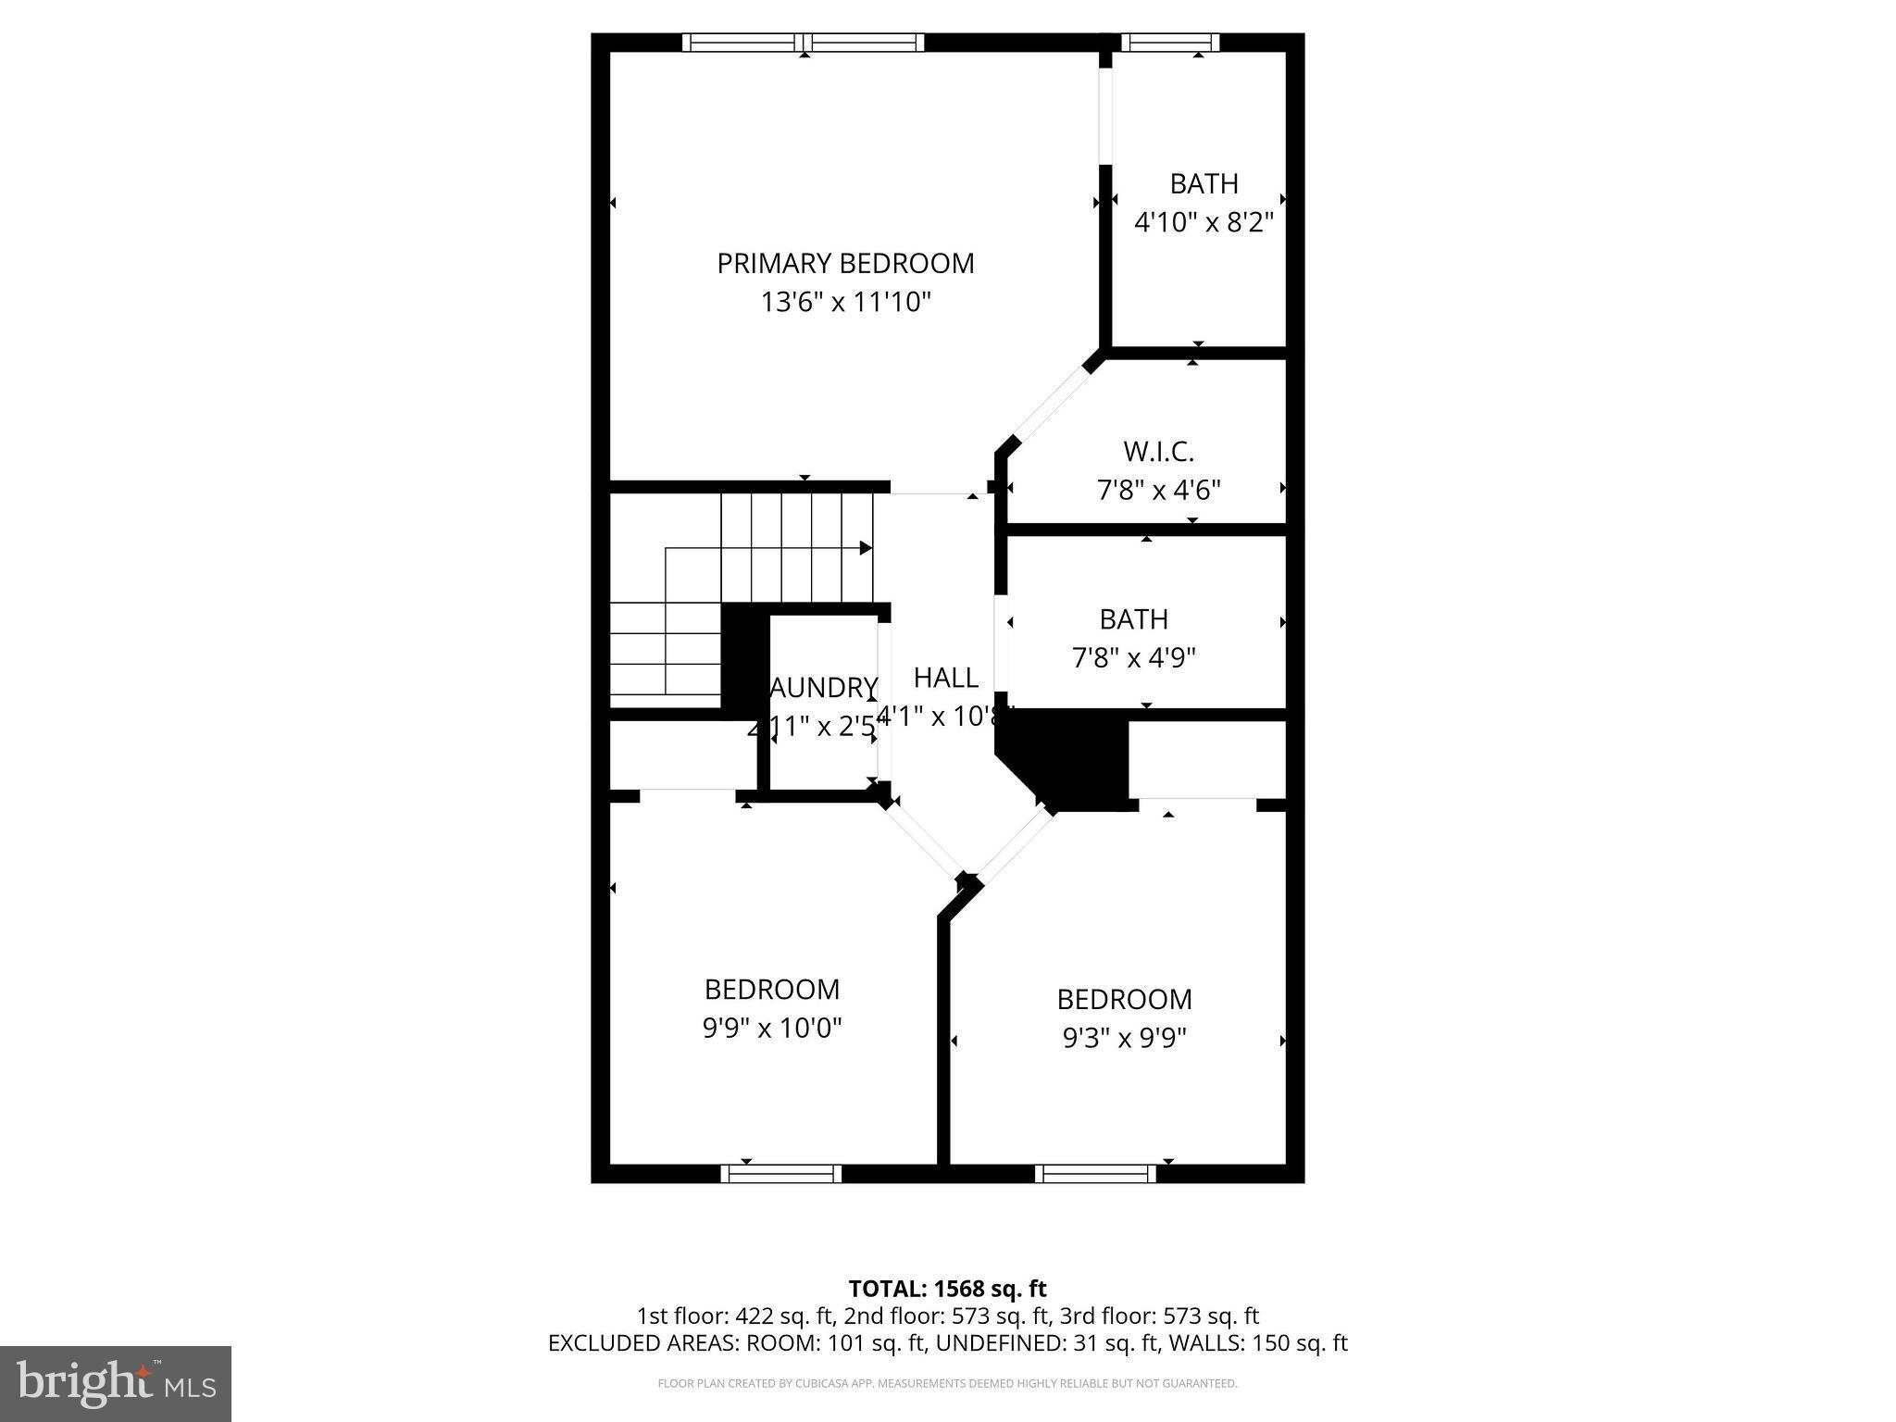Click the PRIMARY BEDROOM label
click(845, 264)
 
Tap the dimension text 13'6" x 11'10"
click(845, 303)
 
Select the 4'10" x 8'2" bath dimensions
click(1204, 223)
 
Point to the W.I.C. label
click(1158, 452)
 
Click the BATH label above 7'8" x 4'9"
click(1133, 619)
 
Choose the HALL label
click(945, 678)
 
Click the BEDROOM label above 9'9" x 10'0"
click(772, 990)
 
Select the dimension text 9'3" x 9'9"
click(1124, 1038)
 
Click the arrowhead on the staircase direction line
click(866, 548)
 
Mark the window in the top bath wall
click(1170, 43)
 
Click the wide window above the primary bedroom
click(804, 43)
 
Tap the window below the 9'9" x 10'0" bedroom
click(781, 1174)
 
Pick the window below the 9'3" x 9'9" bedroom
click(1095, 1174)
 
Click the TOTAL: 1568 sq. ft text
click(947, 1289)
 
